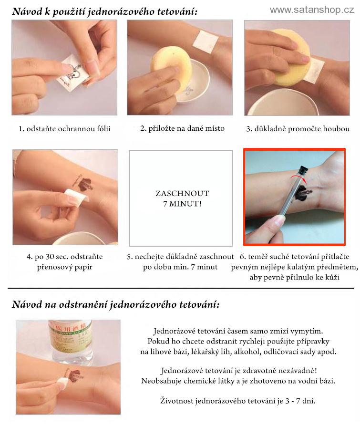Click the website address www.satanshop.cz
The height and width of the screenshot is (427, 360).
(312, 10)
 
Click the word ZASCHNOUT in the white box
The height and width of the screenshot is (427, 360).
(182, 193)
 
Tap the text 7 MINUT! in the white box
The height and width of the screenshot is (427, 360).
(182, 204)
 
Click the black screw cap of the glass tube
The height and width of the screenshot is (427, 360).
(304, 169)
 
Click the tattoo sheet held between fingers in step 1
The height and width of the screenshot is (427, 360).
(72, 73)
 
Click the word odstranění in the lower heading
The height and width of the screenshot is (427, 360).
(84, 304)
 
